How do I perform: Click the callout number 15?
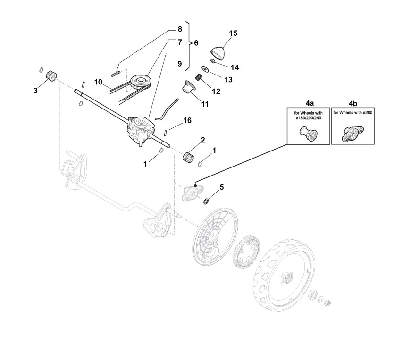233,33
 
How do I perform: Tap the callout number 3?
35,90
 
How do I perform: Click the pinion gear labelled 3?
50,75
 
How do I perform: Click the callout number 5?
221,187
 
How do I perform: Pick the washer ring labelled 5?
207,201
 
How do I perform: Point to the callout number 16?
187,120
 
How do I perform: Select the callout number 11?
205,103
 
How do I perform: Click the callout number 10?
98,82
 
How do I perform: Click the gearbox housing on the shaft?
139,128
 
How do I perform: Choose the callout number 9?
179,63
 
